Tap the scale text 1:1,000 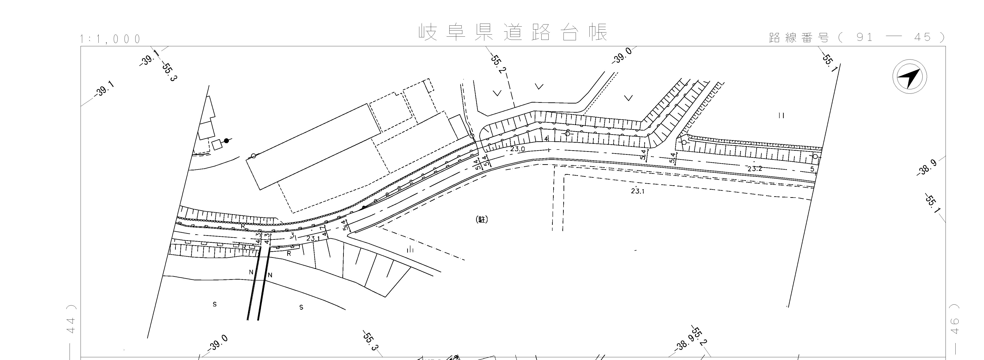point(110,39)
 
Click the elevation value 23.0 point(518,149)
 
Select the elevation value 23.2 point(755,169)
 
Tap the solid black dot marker point(227,141)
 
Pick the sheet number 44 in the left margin point(71,326)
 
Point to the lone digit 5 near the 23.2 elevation point(812,169)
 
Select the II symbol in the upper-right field point(781,115)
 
